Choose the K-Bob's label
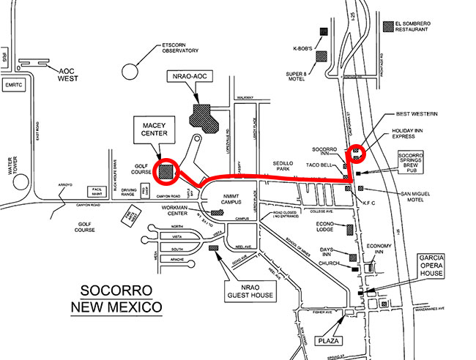[x=302, y=50]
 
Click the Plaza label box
[x=329, y=340]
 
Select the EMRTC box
[x=14, y=85]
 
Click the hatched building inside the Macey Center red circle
[x=167, y=170]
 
